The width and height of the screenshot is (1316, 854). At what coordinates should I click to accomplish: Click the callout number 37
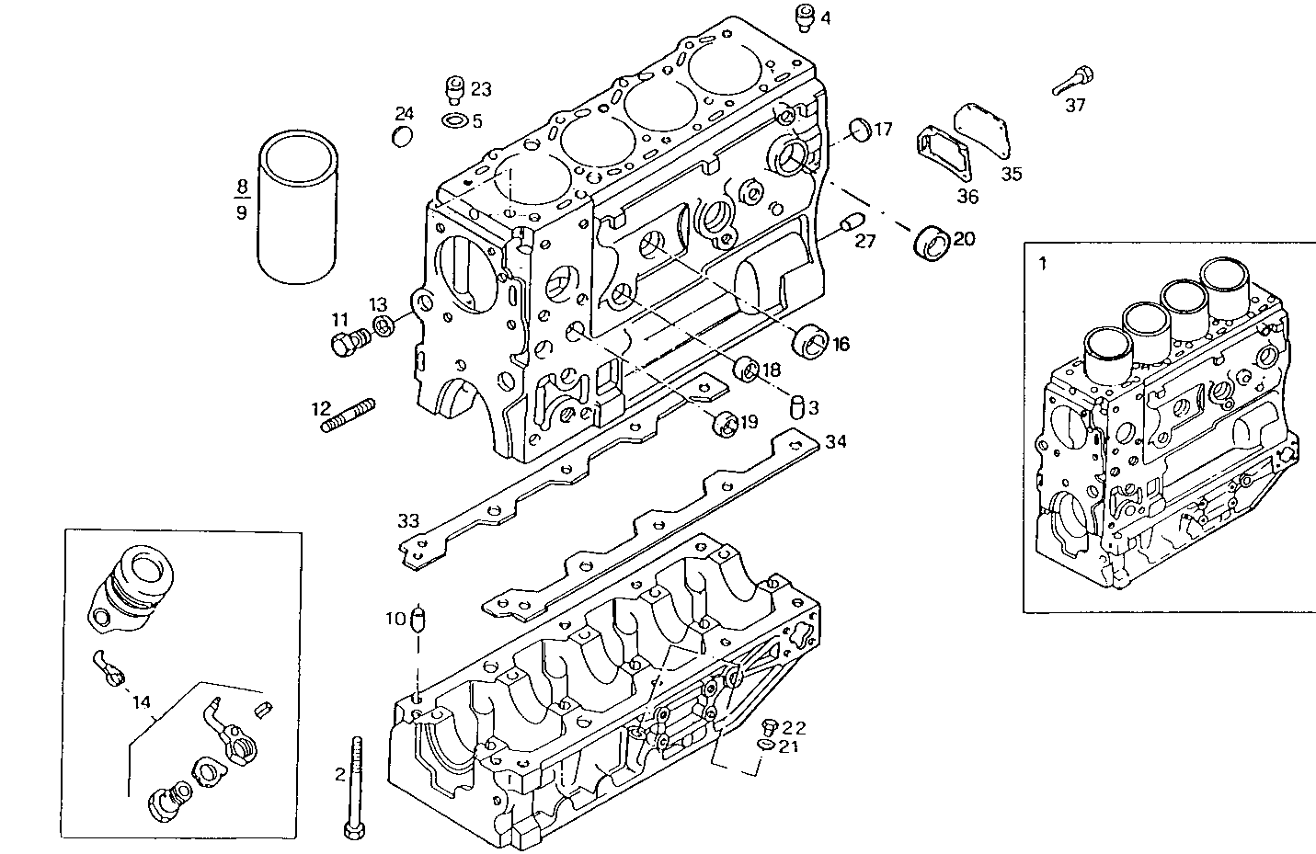pyautogui.click(x=1075, y=106)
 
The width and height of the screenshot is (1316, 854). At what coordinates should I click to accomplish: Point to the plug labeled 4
pyautogui.click(x=804, y=16)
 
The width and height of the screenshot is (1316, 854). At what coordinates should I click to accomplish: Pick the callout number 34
pyautogui.click(x=835, y=441)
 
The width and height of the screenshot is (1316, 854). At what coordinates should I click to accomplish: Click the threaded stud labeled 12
pyautogui.click(x=348, y=415)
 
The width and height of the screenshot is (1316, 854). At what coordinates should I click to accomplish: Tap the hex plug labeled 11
pyautogui.click(x=346, y=344)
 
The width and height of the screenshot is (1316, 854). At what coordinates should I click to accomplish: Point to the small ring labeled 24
pyautogui.click(x=403, y=138)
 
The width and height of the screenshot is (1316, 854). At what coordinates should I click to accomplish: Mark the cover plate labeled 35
pyautogui.click(x=983, y=134)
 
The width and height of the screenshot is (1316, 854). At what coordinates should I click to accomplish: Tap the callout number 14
pyautogui.click(x=141, y=702)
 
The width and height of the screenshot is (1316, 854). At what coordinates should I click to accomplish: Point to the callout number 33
pyautogui.click(x=408, y=521)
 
